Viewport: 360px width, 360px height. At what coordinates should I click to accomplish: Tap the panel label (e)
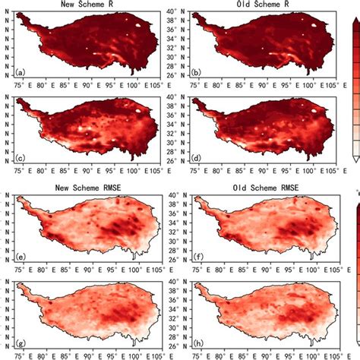click(x=21, y=255)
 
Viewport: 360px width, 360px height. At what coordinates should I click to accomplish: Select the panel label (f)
click(x=197, y=255)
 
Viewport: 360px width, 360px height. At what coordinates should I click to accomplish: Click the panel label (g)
click(x=21, y=343)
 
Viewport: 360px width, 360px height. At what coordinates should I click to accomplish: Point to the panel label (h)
click(x=197, y=343)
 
